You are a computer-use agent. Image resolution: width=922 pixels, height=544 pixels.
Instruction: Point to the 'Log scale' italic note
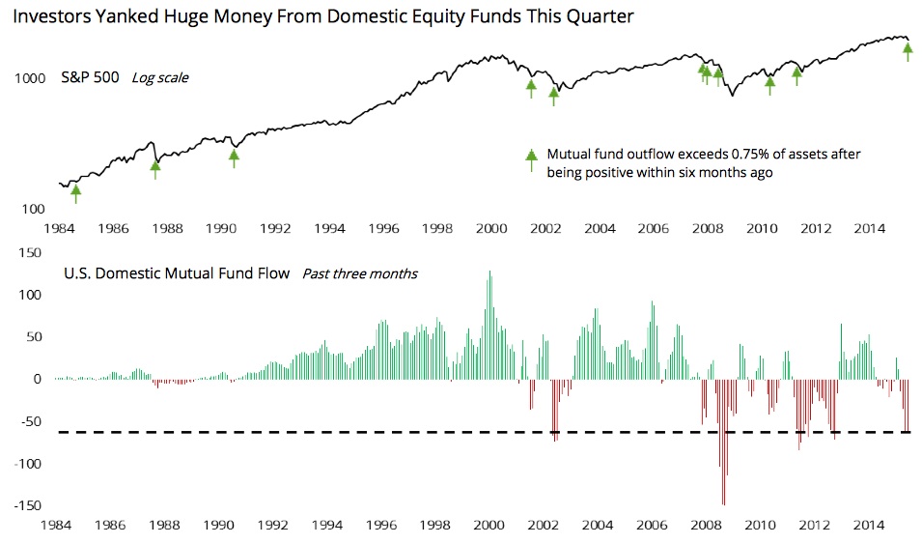pos(159,78)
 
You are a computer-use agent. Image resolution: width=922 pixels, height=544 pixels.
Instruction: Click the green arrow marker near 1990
pos(234,156)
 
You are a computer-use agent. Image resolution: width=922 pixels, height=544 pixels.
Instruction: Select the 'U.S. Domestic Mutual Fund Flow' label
pos(177,273)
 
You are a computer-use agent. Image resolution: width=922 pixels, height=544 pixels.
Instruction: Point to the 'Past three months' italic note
pos(360,273)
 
